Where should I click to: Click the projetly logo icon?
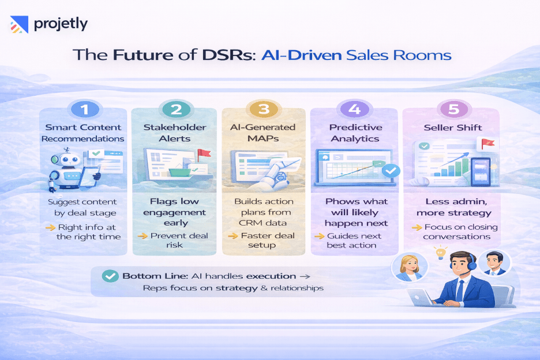click(19, 25)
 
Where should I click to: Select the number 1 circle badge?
click(85, 108)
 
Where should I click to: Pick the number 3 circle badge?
click(264, 108)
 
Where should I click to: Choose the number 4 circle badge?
click(353, 108)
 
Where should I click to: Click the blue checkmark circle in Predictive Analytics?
click(391, 170)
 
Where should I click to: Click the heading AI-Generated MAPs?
click(264, 133)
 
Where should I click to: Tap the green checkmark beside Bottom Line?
click(109, 276)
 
